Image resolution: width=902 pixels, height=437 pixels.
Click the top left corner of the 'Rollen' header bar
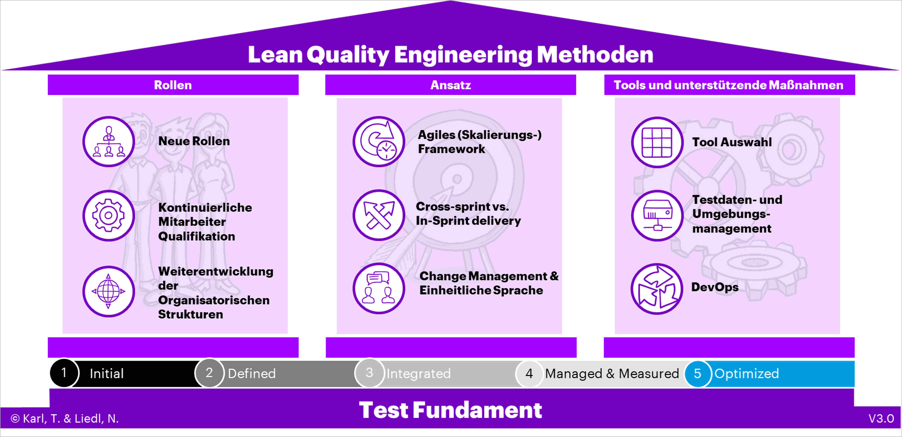tap(48, 75)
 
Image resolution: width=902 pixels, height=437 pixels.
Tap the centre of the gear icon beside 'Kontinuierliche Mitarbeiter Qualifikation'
tap(109, 215)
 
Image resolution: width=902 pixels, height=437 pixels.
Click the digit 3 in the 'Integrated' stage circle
tap(369, 373)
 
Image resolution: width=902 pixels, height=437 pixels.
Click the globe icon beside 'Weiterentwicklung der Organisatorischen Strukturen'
tap(109, 291)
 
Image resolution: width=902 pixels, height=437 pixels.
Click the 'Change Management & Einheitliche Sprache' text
tap(489, 283)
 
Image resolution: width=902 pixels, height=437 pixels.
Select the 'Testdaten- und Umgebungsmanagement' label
tap(737, 214)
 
